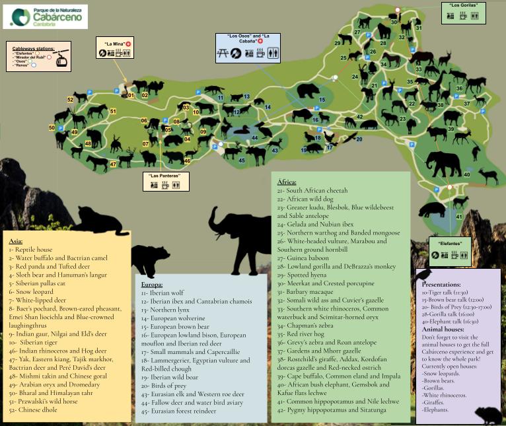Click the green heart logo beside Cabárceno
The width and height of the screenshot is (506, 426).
click(x=20, y=17)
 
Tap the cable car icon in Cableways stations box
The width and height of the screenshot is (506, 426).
click(x=61, y=59)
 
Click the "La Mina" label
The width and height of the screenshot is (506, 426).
click(x=114, y=44)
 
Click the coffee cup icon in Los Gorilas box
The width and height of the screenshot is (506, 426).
click(x=464, y=16)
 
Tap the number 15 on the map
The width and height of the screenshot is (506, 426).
click(x=322, y=100)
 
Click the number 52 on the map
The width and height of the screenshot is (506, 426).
click(x=70, y=100)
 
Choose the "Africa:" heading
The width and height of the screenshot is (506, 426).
click(x=287, y=180)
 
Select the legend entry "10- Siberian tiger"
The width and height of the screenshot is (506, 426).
click(x=36, y=342)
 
